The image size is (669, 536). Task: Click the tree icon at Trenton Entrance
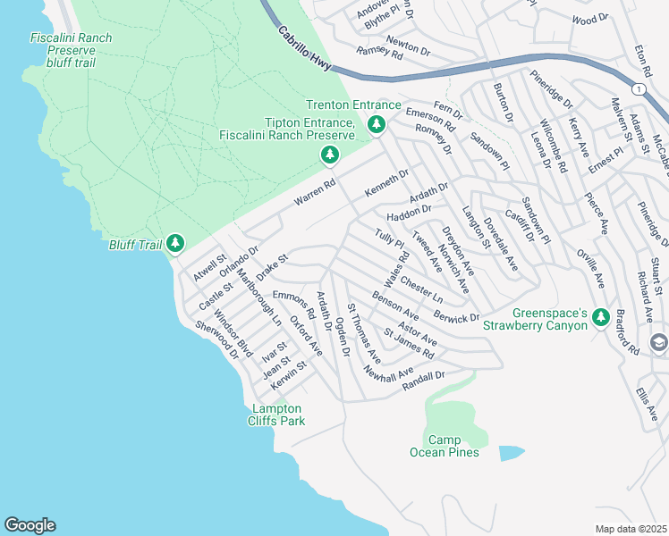377,126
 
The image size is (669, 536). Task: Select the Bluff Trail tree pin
175,243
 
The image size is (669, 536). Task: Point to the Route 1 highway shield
636,90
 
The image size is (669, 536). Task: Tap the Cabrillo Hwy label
305,50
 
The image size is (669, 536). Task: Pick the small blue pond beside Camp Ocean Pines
509,453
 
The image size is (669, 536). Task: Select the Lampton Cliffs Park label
277,415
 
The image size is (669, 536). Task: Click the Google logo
30,525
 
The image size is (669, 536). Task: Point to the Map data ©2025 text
631,529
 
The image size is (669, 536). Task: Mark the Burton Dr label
503,103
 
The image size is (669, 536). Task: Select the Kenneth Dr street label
385,182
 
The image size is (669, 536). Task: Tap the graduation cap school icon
659,343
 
